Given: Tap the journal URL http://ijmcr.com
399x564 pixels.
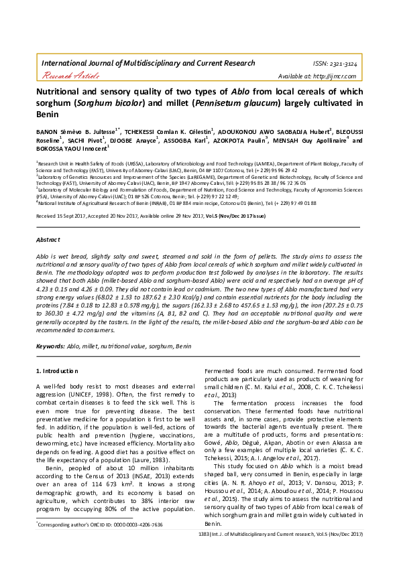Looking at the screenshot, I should [x=341, y=75].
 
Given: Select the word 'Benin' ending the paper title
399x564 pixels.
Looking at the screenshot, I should [x=48, y=115].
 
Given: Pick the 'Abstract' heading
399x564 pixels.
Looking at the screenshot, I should [x=48, y=239].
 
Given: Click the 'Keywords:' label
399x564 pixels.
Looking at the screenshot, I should [x=50, y=346].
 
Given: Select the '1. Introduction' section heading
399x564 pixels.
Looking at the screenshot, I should [x=58, y=370].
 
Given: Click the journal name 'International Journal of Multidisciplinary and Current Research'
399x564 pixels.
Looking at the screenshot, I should [x=148, y=62].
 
